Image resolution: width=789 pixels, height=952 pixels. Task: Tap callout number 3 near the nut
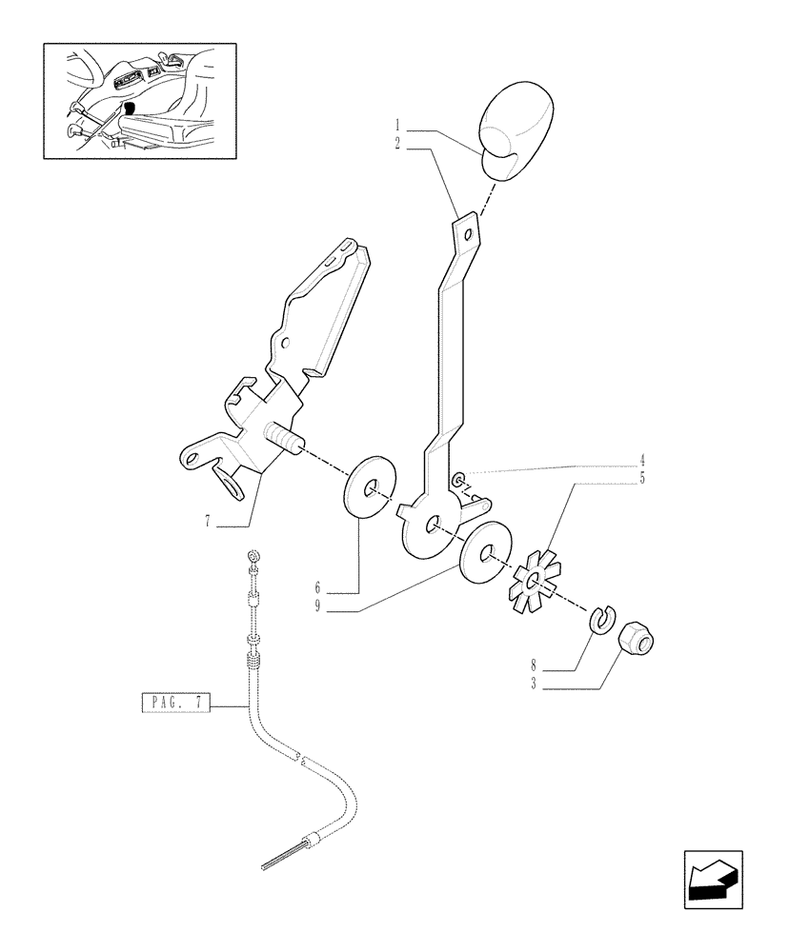pos(536,684)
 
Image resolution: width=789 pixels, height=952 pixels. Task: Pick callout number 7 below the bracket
pos(205,522)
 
